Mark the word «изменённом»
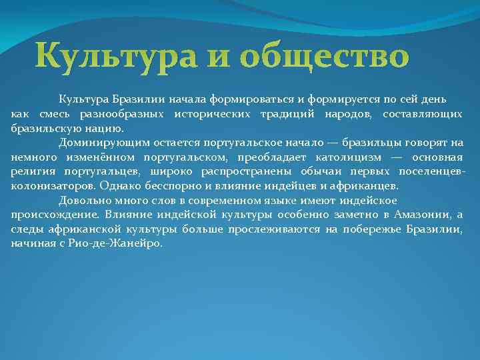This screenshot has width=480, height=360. [98, 157]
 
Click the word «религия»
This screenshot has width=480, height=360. [32, 171]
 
